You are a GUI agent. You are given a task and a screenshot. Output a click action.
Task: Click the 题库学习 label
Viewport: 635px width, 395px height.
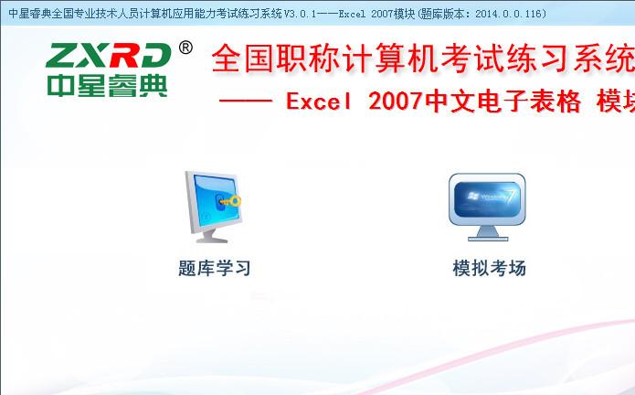click(x=214, y=268)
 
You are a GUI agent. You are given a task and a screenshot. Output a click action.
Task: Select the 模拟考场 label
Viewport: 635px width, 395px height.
click(x=489, y=268)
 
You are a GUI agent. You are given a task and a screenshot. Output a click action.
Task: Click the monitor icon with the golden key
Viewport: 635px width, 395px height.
click(x=213, y=207)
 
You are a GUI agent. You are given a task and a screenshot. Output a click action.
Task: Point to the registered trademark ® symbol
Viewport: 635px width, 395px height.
click(x=185, y=47)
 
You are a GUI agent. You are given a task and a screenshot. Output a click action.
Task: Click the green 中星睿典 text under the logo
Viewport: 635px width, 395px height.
click(x=109, y=85)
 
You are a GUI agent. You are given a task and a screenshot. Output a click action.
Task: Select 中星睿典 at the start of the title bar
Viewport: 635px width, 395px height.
click(x=28, y=13)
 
